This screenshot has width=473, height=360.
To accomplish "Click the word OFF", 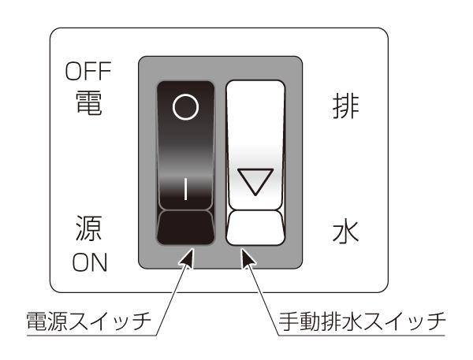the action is (x=88, y=71).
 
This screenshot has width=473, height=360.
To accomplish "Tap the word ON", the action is (x=90, y=262).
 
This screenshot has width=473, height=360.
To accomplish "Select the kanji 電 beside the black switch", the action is (x=88, y=103).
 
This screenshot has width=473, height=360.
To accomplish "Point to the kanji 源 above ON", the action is (x=88, y=228).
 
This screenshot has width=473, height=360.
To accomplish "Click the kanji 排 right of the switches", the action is (x=346, y=106).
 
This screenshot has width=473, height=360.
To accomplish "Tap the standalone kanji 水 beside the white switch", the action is (x=346, y=232).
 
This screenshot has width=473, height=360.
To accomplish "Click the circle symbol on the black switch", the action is (x=185, y=107).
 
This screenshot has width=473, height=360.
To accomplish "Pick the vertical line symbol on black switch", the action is (x=185, y=189).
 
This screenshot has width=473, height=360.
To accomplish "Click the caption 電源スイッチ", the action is (x=89, y=321).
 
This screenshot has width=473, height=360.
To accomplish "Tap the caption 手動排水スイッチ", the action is (x=362, y=321).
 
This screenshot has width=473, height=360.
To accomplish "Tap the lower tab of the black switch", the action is (x=185, y=228).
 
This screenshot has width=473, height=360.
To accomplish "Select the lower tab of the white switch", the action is (x=255, y=228).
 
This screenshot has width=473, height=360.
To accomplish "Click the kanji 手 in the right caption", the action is (x=289, y=321).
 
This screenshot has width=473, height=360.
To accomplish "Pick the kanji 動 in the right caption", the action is (x=310, y=321).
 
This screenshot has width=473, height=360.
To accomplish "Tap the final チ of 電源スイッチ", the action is (x=141, y=321).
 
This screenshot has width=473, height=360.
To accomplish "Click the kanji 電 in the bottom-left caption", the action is (x=37, y=321).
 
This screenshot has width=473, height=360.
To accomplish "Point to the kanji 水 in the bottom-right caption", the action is (x=352, y=321).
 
